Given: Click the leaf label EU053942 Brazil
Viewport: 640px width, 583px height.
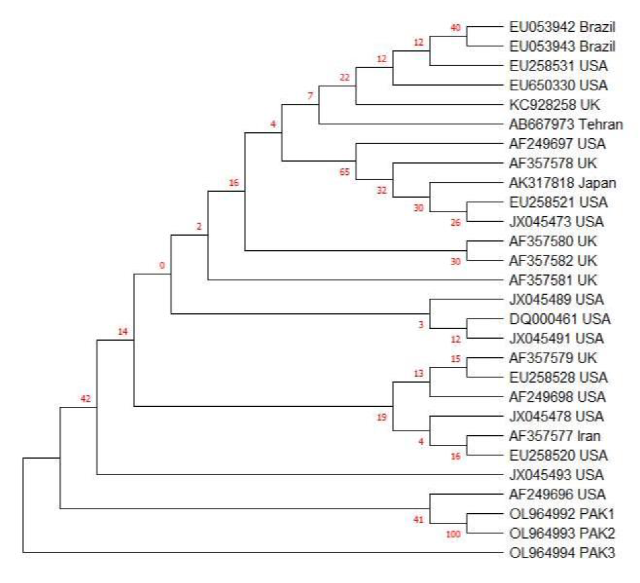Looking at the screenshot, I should pyautogui.click(x=562, y=27).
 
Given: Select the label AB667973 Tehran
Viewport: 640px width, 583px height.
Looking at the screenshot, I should pyautogui.click(x=565, y=124).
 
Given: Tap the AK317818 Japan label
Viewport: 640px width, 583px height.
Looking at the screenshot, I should pyautogui.click(x=562, y=183).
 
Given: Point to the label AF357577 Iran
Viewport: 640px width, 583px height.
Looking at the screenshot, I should pyautogui.click(x=555, y=436).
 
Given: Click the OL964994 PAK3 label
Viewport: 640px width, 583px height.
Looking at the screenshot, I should pyautogui.click(x=562, y=553).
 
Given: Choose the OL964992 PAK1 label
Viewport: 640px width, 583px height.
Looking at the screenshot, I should pyautogui.click(x=562, y=514).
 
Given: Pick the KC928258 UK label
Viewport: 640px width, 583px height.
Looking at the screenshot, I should pyautogui.click(x=554, y=105).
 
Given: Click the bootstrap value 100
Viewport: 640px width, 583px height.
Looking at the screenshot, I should pyautogui.click(x=453, y=534).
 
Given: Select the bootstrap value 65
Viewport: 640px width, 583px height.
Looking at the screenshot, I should pyautogui.click(x=344, y=172).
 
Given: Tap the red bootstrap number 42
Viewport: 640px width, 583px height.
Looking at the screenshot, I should pyautogui.click(x=85, y=399).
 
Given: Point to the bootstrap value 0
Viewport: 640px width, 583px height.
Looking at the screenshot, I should pyautogui.click(x=162, y=265).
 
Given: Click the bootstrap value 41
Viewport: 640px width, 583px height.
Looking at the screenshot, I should pyautogui.click(x=418, y=519).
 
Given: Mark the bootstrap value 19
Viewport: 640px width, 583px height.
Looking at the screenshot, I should pyautogui.click(x=382, y=417).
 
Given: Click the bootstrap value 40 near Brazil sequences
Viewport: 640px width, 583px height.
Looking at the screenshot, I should pyautogui.click(x=455, y=28).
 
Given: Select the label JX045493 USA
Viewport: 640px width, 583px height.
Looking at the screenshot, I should pyautogui.click(x=556, y=475).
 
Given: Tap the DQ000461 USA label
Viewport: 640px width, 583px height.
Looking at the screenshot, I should pyautogui.click(x=559, y=319).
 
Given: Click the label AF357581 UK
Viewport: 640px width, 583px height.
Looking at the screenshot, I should pyautogui.click(x=553, y=280).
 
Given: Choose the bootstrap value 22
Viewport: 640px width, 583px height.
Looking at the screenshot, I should pyautogui.click(x=344, y=77).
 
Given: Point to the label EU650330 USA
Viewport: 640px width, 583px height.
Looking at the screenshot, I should pyautogui.click(x=558, y=86).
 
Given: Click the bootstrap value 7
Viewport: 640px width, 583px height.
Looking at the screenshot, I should pyautogui.click(x=310, y=96).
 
